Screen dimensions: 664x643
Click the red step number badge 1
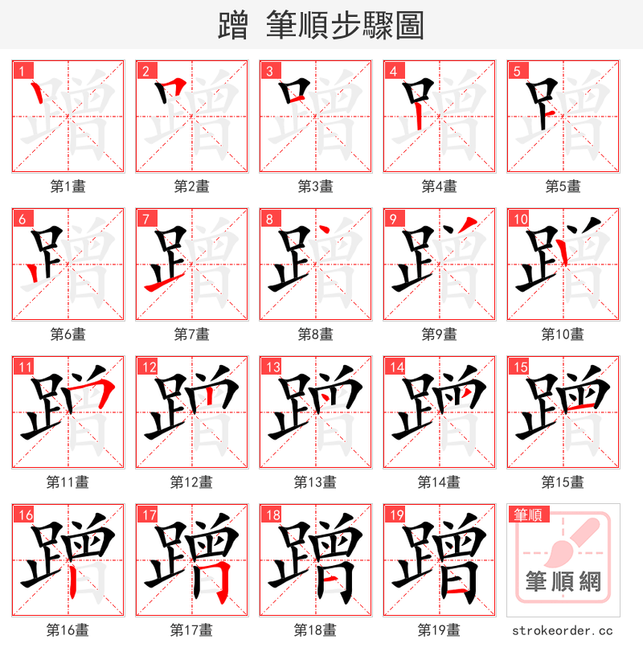pos(20,71)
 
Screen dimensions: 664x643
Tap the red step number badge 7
pos(144,219)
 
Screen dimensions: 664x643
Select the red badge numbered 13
pos(269,367)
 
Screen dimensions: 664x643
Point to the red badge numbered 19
pos(393,514)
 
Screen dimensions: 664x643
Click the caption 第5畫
pos(563,186)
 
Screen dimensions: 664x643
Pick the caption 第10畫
pos(563,334)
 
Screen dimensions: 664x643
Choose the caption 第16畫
pos(68,630)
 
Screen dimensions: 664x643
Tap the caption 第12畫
pos(191,482)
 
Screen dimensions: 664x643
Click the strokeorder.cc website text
pos(563,630)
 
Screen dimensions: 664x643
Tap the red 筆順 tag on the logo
pos(528,514)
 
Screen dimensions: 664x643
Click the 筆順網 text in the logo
pos(563,580)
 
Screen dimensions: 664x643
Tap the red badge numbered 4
pos(393,71)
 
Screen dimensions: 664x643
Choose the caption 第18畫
pos(315,630)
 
